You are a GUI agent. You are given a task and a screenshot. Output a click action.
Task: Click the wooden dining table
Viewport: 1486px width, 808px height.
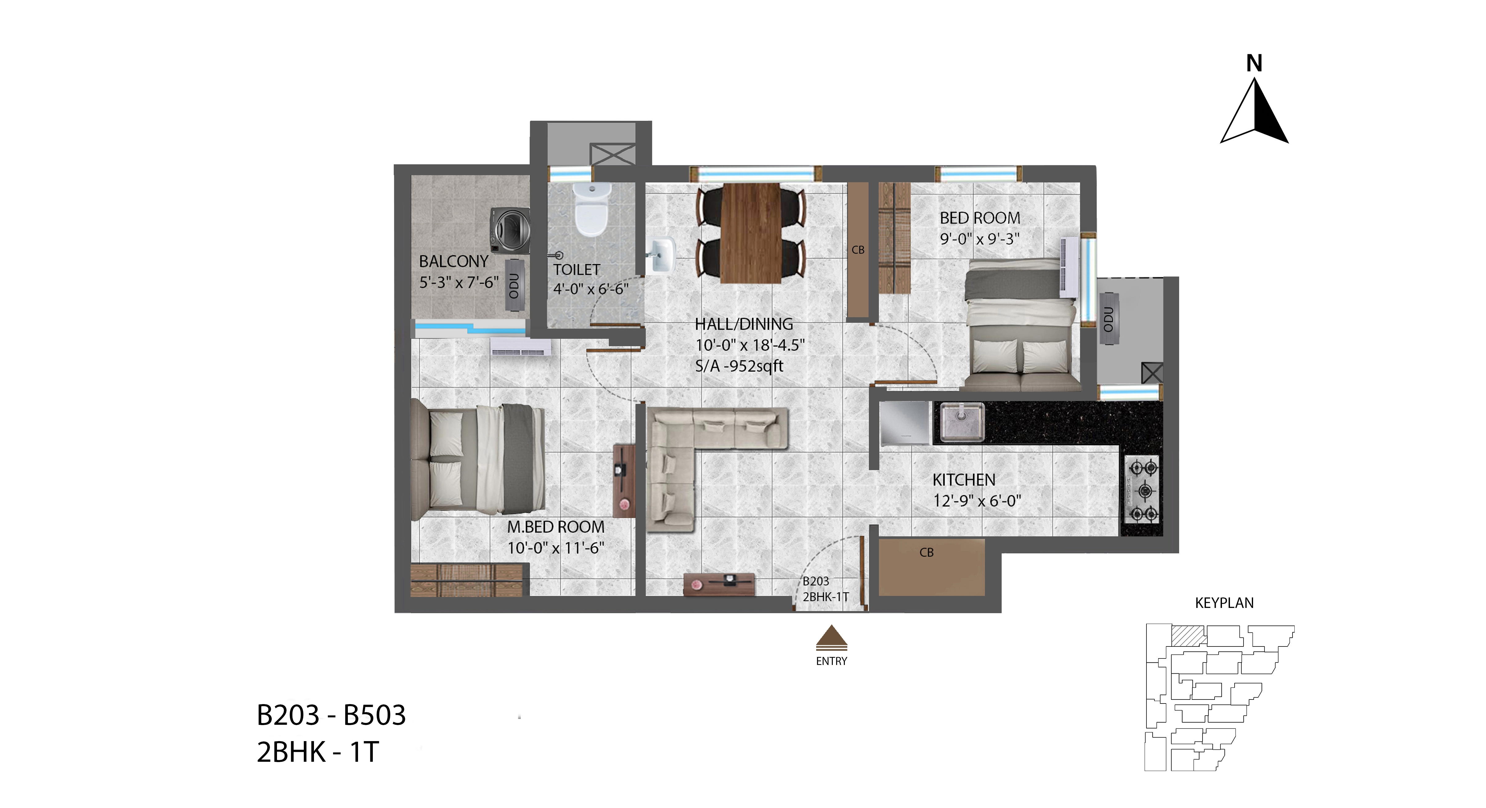coord(751,233)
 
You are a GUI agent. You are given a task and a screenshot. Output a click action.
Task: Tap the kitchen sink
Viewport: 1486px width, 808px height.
coord(962,422)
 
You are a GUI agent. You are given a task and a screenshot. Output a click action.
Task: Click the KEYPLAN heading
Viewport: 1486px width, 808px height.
coord(1224,603)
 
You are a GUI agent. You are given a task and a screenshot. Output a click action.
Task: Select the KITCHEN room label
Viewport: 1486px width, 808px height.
coord(964,480)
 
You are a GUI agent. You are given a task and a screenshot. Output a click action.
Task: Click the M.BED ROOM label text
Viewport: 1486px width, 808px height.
coord(556,527)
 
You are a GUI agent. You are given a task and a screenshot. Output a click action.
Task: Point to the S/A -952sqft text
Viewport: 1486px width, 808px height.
coord(739,366)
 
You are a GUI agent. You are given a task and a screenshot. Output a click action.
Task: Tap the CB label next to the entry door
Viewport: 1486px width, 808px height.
coord(926,552)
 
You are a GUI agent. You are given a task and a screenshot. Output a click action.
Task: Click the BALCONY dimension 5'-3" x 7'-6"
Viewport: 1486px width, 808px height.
coord(458,282)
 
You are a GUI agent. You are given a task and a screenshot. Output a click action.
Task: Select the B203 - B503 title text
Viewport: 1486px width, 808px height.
coord(331,715)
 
